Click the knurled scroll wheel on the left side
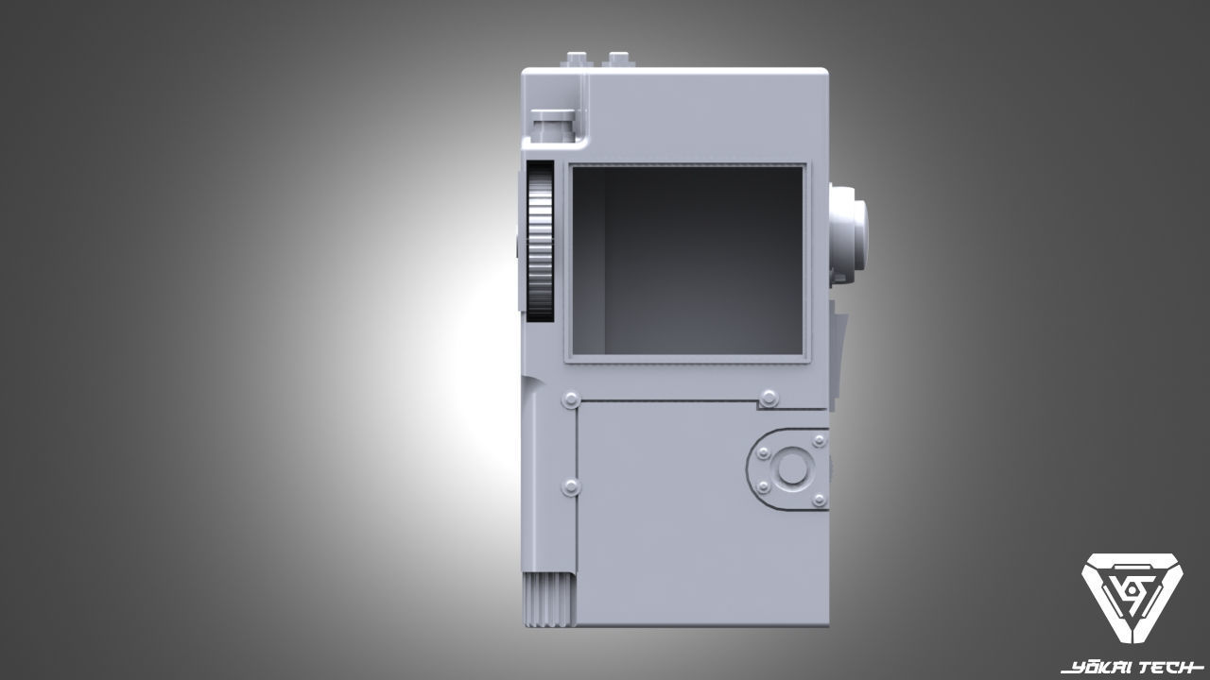click(540, 241)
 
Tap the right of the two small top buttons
click(619, 59)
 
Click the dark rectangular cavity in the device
click(686, 262)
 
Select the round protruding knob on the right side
click(848, 231)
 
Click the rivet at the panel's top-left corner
click(570, 400)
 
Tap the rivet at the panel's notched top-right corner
click(769, 398)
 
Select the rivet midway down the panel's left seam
click(571, 486)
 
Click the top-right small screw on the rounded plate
click(819, 441)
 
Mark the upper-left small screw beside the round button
click(762, 452)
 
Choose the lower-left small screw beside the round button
click(762, 487)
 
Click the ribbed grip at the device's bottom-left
click(548, 600)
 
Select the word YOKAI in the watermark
click(1097, 668)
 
